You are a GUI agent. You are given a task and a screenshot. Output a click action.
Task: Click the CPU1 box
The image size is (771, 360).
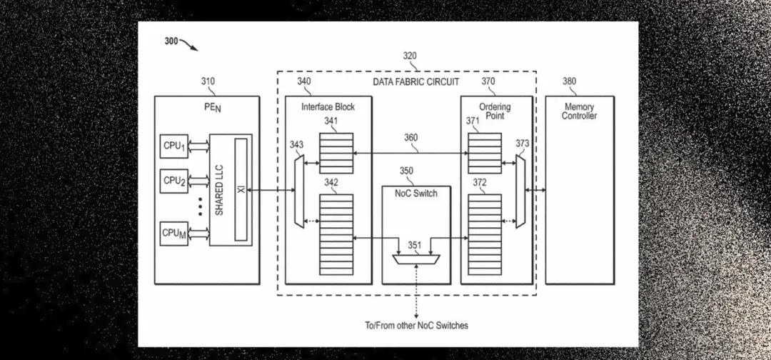pos(174,146)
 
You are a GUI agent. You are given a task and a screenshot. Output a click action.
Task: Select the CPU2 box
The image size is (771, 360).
pos(174,181)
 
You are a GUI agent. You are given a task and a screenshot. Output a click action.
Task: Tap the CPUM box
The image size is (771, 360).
pos(174,234)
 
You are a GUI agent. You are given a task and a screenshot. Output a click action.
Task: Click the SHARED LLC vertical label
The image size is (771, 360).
pos(221,190)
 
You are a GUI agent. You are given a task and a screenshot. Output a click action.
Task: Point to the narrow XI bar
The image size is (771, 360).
pos(241,190)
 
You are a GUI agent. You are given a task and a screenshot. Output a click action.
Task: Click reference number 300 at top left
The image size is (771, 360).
pos(171,41)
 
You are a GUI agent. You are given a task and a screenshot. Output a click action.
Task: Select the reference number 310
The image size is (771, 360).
pos(207,81)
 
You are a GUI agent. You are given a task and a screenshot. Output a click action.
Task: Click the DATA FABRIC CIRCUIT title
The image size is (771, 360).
pos(416,82)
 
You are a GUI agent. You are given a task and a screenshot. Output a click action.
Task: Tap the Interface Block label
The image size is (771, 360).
pos(328,107)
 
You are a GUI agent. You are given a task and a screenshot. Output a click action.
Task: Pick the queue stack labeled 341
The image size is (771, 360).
pos(336,153)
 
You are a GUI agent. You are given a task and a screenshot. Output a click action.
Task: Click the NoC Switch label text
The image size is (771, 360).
pos(416,193)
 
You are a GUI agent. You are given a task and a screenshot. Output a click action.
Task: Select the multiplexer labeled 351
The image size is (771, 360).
pos(418,258)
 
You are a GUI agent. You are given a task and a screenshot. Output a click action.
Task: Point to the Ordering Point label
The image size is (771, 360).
pos(495,111)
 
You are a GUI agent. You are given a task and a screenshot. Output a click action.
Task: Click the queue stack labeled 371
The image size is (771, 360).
pos(485,153)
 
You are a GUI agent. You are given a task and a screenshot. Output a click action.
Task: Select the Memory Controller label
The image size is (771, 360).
pos(579,111)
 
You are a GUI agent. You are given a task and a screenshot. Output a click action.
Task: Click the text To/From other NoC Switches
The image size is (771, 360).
pos(416,326)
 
